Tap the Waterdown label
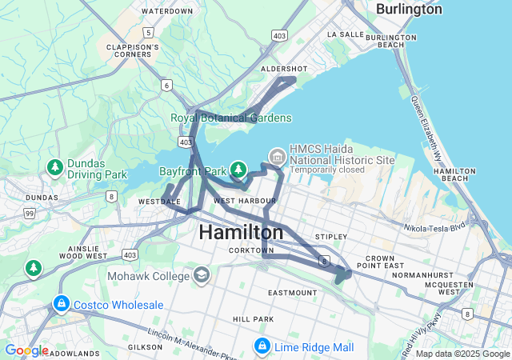point(166,11)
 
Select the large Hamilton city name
point(240,232)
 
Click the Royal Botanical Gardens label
point(230,118)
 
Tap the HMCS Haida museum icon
point(277,154)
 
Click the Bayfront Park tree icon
point(238,169)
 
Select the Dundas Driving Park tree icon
point(54,167)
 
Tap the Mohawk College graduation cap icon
point(202,276)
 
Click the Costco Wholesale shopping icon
point(62,305)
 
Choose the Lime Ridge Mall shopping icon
point(262,346)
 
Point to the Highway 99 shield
point(30,214)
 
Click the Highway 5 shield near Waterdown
point(149,32)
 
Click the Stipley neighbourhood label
point(331,237)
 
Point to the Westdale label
point(158,202)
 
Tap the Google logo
point(26,350)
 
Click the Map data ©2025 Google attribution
point(462,354)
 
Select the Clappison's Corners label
point(133,52)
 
